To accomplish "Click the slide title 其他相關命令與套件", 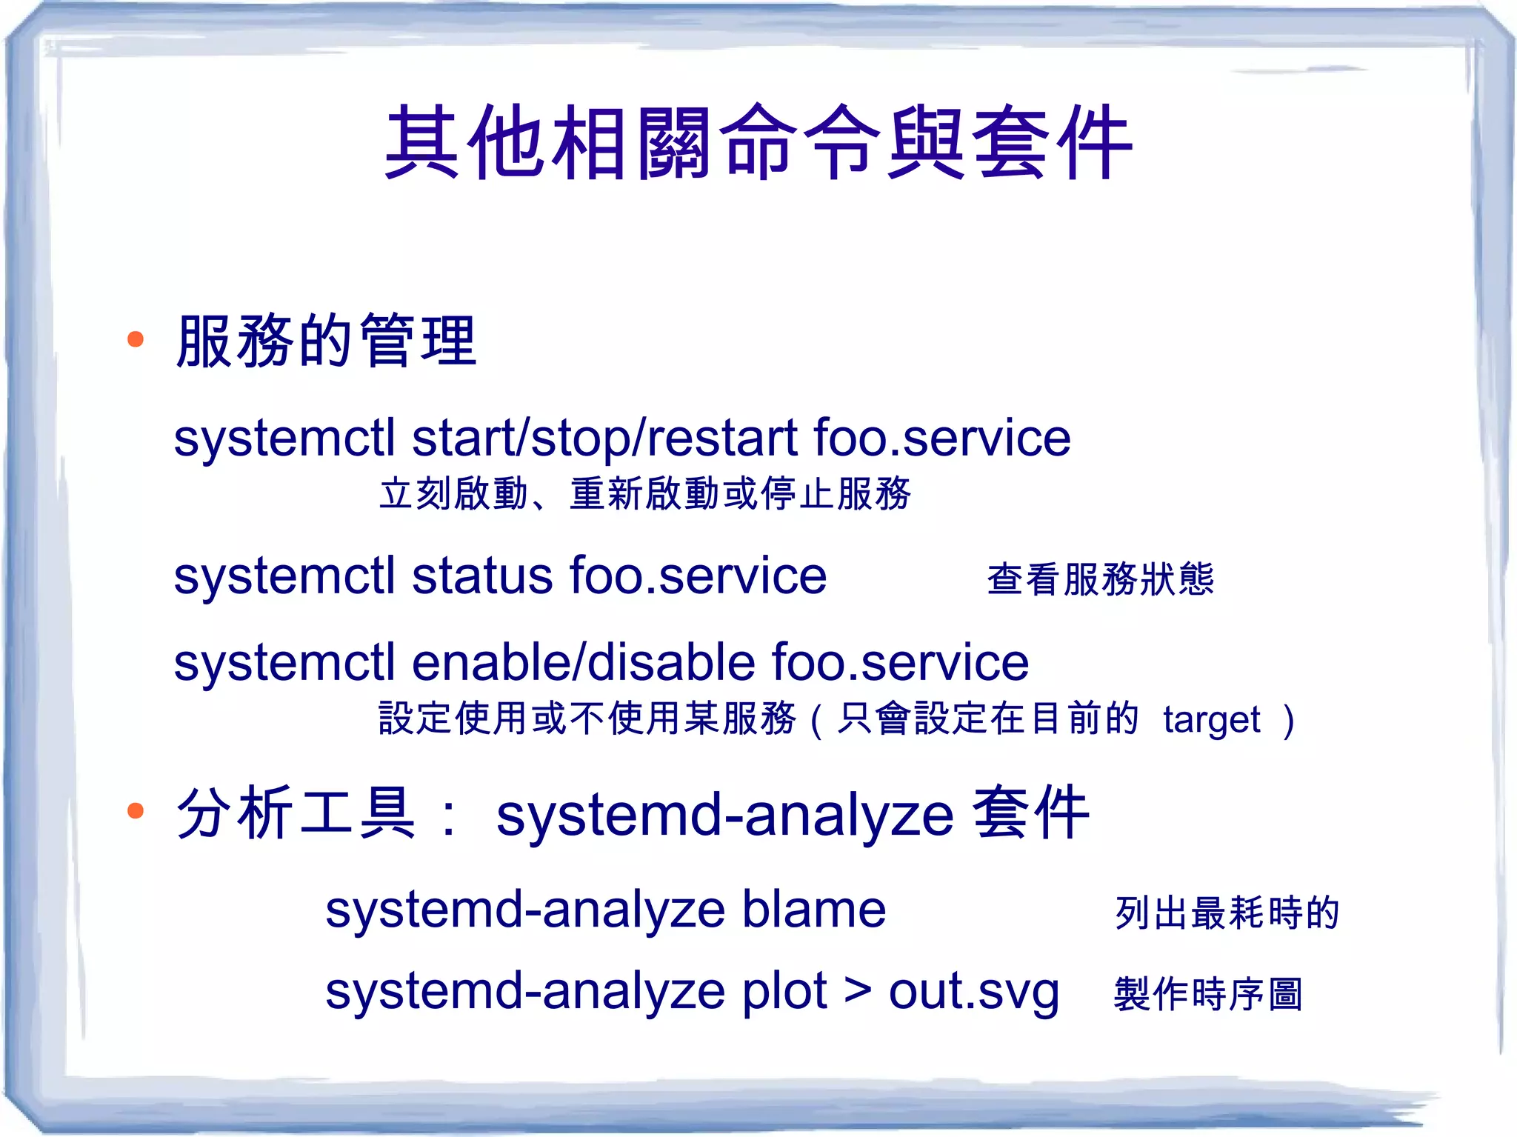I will pyautogui.click(x=758, y=142).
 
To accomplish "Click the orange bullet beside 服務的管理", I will pyautogui.click(x=136, y=340).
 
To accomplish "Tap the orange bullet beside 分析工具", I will pyautogui.click(x=136, y=810).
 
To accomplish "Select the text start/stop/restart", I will pyautogui.click(x=604, y=439).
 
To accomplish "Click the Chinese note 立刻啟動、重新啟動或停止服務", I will pyautogui.click(x=644, y=494).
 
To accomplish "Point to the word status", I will pyautogui.click(x=482, y=576).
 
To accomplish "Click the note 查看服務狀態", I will pyautogui.click(x=1101, y=579).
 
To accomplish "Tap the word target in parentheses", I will pyautogui.click(x=1212, y=720).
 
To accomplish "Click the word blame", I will pyautogui.click(x=813, y=910).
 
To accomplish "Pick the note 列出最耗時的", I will pyautogui.click(x=1227, y=913).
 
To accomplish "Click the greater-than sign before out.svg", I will pyautogui.click(x=858, y=991).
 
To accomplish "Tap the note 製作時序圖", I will pyautogui.click(x=1207, y=994).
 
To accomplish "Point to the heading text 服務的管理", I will pyautogui.click(x=326, y=341).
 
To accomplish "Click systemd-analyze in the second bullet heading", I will pyautogui.click(x=724, y=816).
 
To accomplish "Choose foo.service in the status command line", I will pyautogui.click(x=698, y=576).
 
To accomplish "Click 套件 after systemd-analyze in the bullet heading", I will pyautogui.click(x=1031, y=813).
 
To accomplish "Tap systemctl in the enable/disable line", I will pyautogui.click(x=284, y=662).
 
